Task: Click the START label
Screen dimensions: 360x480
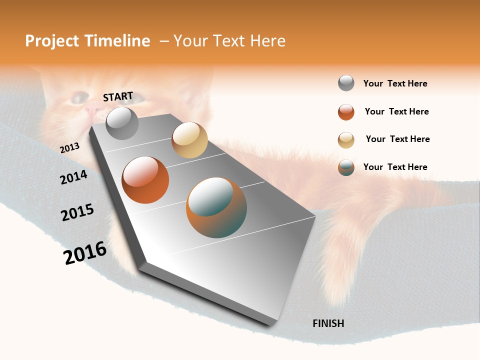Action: [118, 96]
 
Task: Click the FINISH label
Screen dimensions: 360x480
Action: [328, 323]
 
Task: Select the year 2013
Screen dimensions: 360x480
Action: [69, 147]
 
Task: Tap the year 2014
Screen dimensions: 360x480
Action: [74, 177]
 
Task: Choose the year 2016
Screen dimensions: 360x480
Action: [85, 253]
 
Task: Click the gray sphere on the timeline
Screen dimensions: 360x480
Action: [122, 123]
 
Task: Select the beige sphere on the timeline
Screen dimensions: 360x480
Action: [189, 140]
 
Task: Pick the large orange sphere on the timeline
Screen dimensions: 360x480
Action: [145, 180]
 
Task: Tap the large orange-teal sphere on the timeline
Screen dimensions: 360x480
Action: [216, 207]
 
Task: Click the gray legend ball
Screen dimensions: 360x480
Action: [346, 83]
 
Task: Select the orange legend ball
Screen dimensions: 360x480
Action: [346, 112]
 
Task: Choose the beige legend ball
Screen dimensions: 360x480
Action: [346, 140]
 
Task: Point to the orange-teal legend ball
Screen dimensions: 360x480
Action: [346, 167]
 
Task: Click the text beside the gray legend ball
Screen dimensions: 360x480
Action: [395, 84]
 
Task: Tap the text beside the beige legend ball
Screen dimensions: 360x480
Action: [397, 139]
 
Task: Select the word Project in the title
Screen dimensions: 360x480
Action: [52, 41]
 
